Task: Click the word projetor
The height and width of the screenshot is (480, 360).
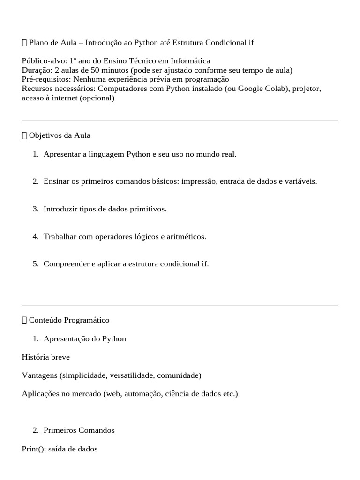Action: tap(307, 89)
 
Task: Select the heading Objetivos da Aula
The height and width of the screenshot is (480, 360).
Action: tap(60, 135)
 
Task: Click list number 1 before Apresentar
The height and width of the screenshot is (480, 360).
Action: tap(36, 154)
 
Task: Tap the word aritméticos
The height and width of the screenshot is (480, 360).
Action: tap(187, 237)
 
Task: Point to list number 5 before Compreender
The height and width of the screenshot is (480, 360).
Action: tap(36, 264)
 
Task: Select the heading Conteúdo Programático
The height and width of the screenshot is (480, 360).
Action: tap(69, 320)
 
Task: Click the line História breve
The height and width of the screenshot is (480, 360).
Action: tap(46, 357)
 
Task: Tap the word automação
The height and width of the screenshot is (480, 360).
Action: tap(142, 394)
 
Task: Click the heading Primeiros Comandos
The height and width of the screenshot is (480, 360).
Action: tap(79, 430)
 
